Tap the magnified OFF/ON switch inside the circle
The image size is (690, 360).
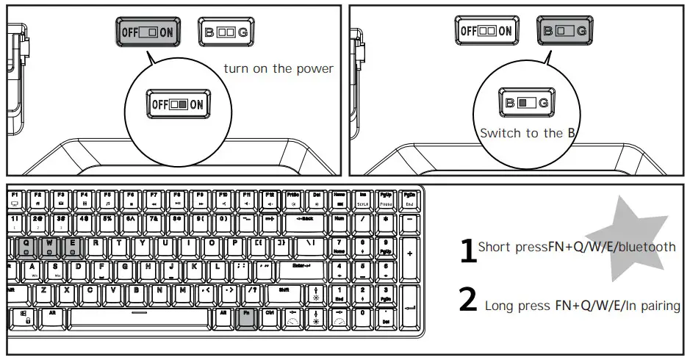(x=177, y=104)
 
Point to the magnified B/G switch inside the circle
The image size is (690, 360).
(x=526, y=103)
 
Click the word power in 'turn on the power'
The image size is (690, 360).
(x=315, y=69)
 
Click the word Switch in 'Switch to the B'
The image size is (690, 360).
(x=499, y=134)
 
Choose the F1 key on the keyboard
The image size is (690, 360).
(x=15, y=198)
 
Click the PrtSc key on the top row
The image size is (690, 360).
(x=293, y=198)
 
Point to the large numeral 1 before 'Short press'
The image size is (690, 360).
(x=467, y=251)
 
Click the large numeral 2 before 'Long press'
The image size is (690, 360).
(x=468, y=300)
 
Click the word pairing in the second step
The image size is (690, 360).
(x=659, y=306)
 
